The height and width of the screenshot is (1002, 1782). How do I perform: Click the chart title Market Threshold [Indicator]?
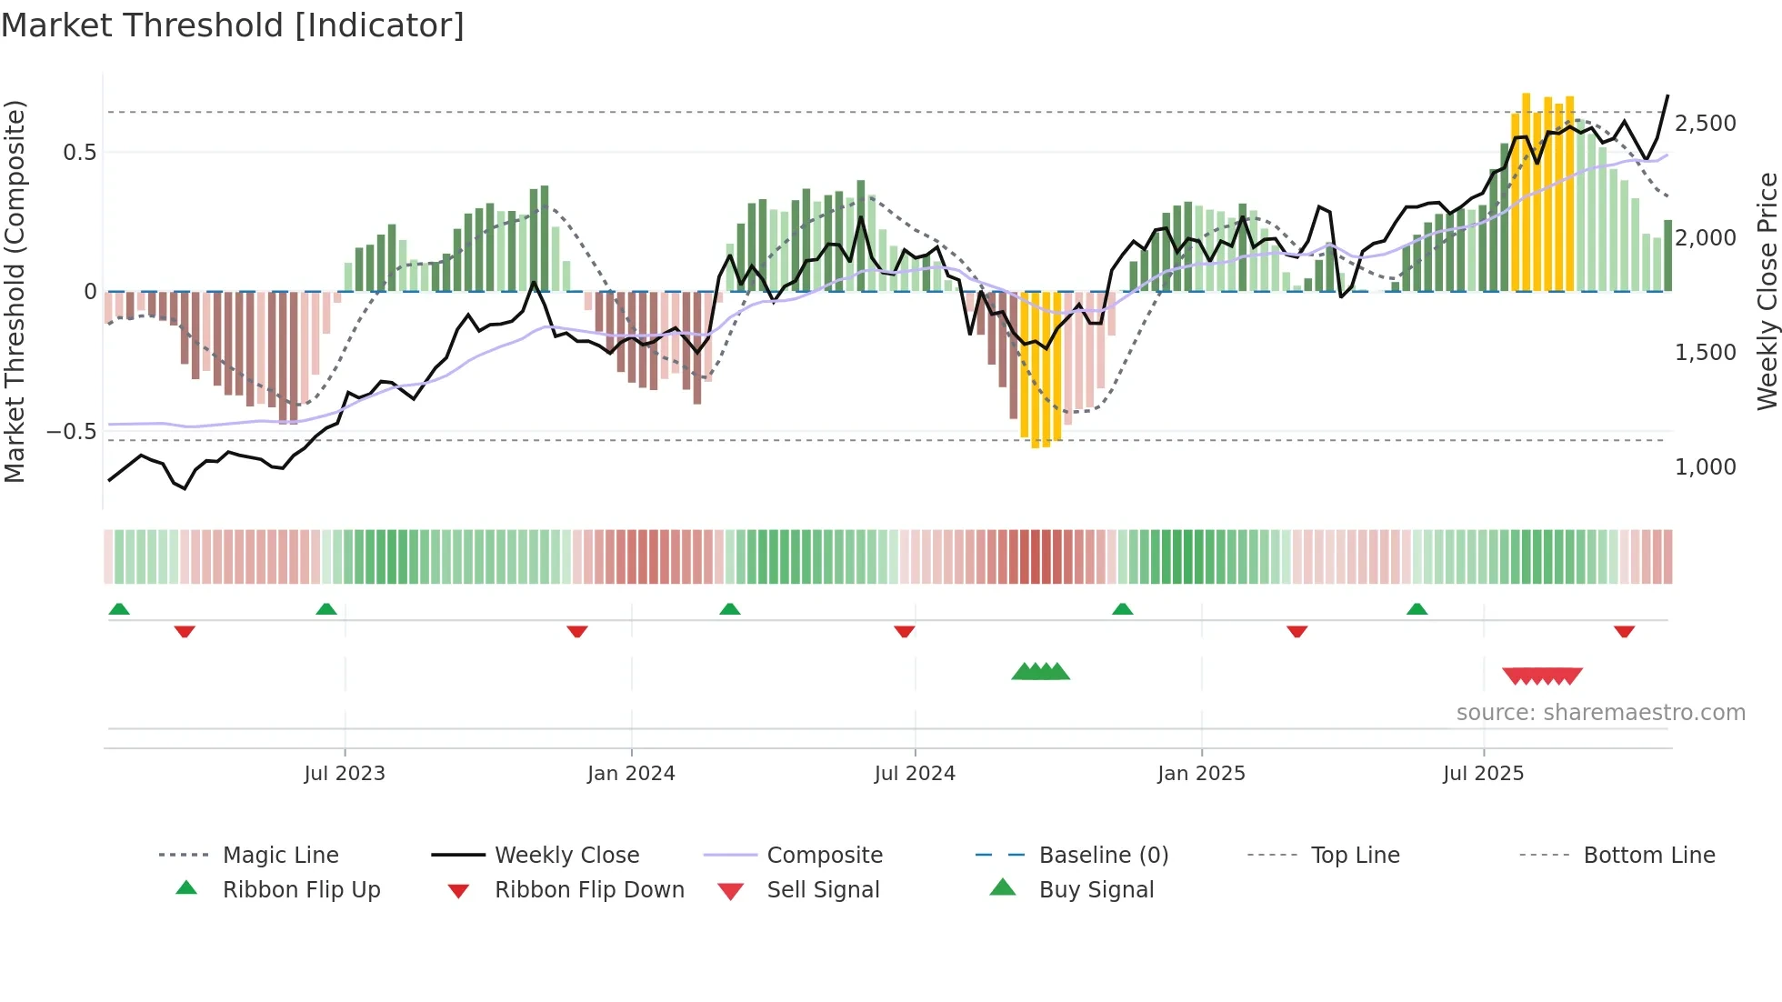(233, 25)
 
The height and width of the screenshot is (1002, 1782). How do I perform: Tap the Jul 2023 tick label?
(345, 774)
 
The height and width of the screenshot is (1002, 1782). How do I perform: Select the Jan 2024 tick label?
(631, 774)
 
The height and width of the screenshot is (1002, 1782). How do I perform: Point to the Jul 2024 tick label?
(915, 774)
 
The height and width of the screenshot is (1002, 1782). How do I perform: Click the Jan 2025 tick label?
(1201, 774)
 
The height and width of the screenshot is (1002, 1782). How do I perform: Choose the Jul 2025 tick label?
(1483, 774)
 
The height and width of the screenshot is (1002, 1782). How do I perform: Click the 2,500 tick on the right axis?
(1705, 124)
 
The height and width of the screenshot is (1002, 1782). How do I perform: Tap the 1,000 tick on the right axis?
(1705, 467)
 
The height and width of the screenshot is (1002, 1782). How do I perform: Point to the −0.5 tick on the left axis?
(71, 432)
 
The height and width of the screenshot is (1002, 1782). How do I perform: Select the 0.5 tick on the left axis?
(79, 153)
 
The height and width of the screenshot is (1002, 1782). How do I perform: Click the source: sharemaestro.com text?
(1600, 713)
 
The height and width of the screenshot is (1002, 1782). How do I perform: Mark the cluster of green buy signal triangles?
(1040, 672)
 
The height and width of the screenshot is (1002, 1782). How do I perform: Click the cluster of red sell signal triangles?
(1542, 676)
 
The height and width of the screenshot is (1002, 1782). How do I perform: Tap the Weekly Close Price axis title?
(1767, 291)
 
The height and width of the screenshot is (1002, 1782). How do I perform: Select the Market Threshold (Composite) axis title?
(15, 291)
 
